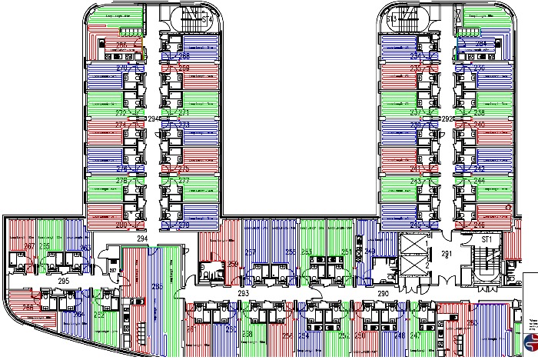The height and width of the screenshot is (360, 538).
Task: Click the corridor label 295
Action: point(64,282)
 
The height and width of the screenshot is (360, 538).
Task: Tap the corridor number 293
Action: point(244,294)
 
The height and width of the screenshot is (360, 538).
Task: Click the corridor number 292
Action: point(447,119)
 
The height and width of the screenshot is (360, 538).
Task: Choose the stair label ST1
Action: point(486,240)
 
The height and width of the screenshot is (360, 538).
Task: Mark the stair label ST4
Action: point(206,20)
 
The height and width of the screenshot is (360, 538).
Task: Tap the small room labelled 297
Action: point(112,271)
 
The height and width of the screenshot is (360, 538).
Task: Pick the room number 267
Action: point(29,246)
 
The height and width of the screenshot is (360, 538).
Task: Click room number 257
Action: point(250,252)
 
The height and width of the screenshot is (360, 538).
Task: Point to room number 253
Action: point(306,252)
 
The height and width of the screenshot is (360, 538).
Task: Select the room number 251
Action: point(346,252)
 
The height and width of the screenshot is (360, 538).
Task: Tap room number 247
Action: point(415,335)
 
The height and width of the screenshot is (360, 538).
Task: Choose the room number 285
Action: point(472,323)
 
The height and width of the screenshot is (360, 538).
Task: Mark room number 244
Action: point(480,181)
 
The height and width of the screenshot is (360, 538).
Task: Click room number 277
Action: point(184,181)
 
